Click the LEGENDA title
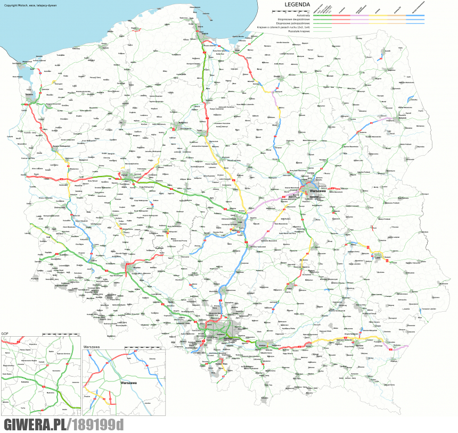pos(297,4)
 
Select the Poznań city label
pos(126,174)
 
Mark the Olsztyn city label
pos(276,76)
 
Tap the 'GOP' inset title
pos(4,334)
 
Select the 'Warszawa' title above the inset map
pos(92,347)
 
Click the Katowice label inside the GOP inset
pos(24,382)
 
